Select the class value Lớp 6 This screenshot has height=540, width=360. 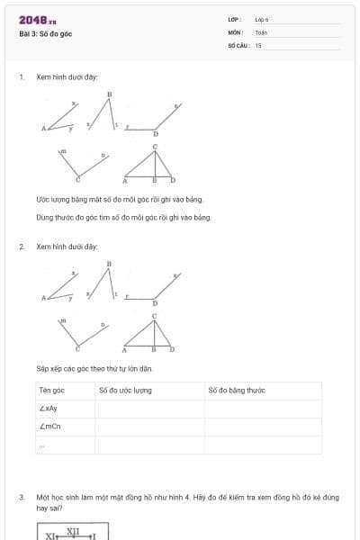click(262, 19)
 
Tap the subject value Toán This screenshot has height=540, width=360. click(261, 31)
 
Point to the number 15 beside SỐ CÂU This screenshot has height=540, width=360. click(258, 44)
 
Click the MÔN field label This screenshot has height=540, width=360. click(236, 31)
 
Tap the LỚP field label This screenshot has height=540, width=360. click(235, 19)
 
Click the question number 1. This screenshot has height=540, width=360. click(21, 77)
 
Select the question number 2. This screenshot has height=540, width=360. click(21, 247)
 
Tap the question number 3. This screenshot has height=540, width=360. click(21, 497)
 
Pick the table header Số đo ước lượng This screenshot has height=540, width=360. click(125, 390)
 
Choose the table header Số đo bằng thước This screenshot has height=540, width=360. click(237, 390)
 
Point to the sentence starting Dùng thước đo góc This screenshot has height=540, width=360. click(123, 217)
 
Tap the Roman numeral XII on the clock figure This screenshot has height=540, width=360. click(73, 531)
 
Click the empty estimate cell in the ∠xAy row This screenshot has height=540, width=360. click(148, 408)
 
